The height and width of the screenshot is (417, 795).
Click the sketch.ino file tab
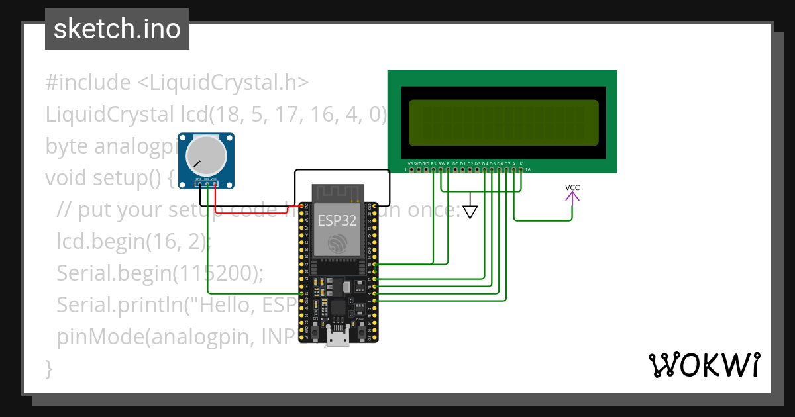tap(117, 29)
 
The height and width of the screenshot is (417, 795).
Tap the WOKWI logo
tap(703, 365)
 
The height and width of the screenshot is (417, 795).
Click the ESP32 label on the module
tap(337, 220)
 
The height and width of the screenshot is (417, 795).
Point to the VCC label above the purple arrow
tap(572, 188)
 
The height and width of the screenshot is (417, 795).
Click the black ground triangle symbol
tap(470, 212)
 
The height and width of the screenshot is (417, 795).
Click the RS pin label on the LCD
tap(434, 163)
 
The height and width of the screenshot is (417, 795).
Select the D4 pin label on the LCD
tap(485, 163)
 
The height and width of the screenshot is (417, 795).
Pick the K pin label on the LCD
tap(521, 163)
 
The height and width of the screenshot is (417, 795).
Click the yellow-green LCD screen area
tap(503, 122)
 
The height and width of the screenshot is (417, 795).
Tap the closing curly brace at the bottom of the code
tap(48, 368)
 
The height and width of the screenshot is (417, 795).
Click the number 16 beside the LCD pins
tap(527, 170)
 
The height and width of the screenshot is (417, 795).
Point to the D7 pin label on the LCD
tap(507, 163)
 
